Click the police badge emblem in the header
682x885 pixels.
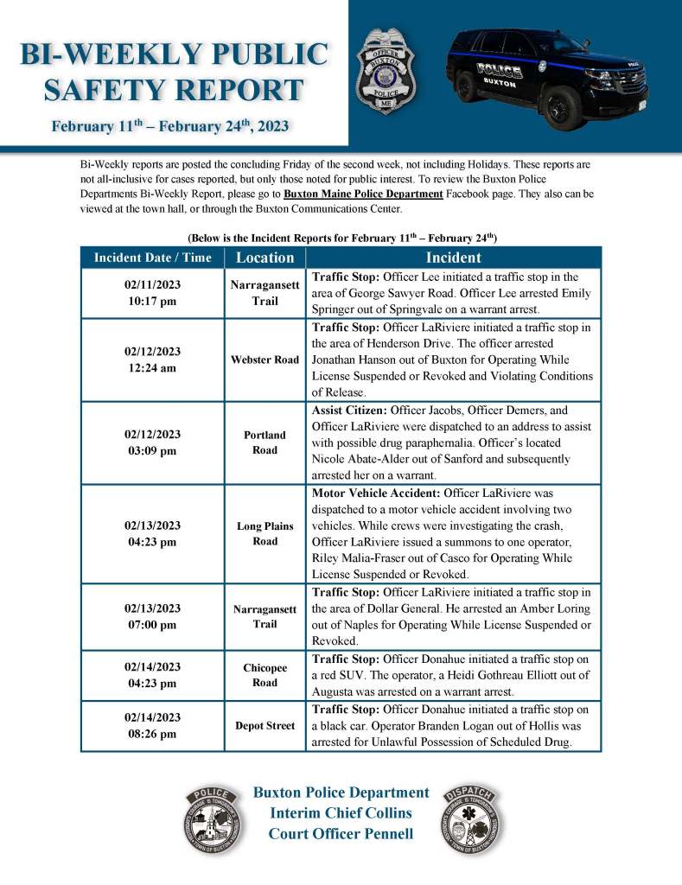[386, 69]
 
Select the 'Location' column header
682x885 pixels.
[265, 258]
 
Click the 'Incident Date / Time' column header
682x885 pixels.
[152, 258]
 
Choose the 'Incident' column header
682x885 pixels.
[453, 258]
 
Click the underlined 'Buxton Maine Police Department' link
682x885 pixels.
[364, 194]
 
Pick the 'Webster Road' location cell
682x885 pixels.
[265, 360]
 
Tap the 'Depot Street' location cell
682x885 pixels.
[265, 726]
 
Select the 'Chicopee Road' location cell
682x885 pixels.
[265, 675]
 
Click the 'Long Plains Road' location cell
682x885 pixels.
[265, 533]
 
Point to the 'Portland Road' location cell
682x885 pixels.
[265, 442]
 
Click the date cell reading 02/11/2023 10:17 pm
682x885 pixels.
[152, 292]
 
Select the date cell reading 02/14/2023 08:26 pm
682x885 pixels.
[152, 726]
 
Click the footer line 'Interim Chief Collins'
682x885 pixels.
[341, 813]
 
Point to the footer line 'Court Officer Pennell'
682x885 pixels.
[341, 834]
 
